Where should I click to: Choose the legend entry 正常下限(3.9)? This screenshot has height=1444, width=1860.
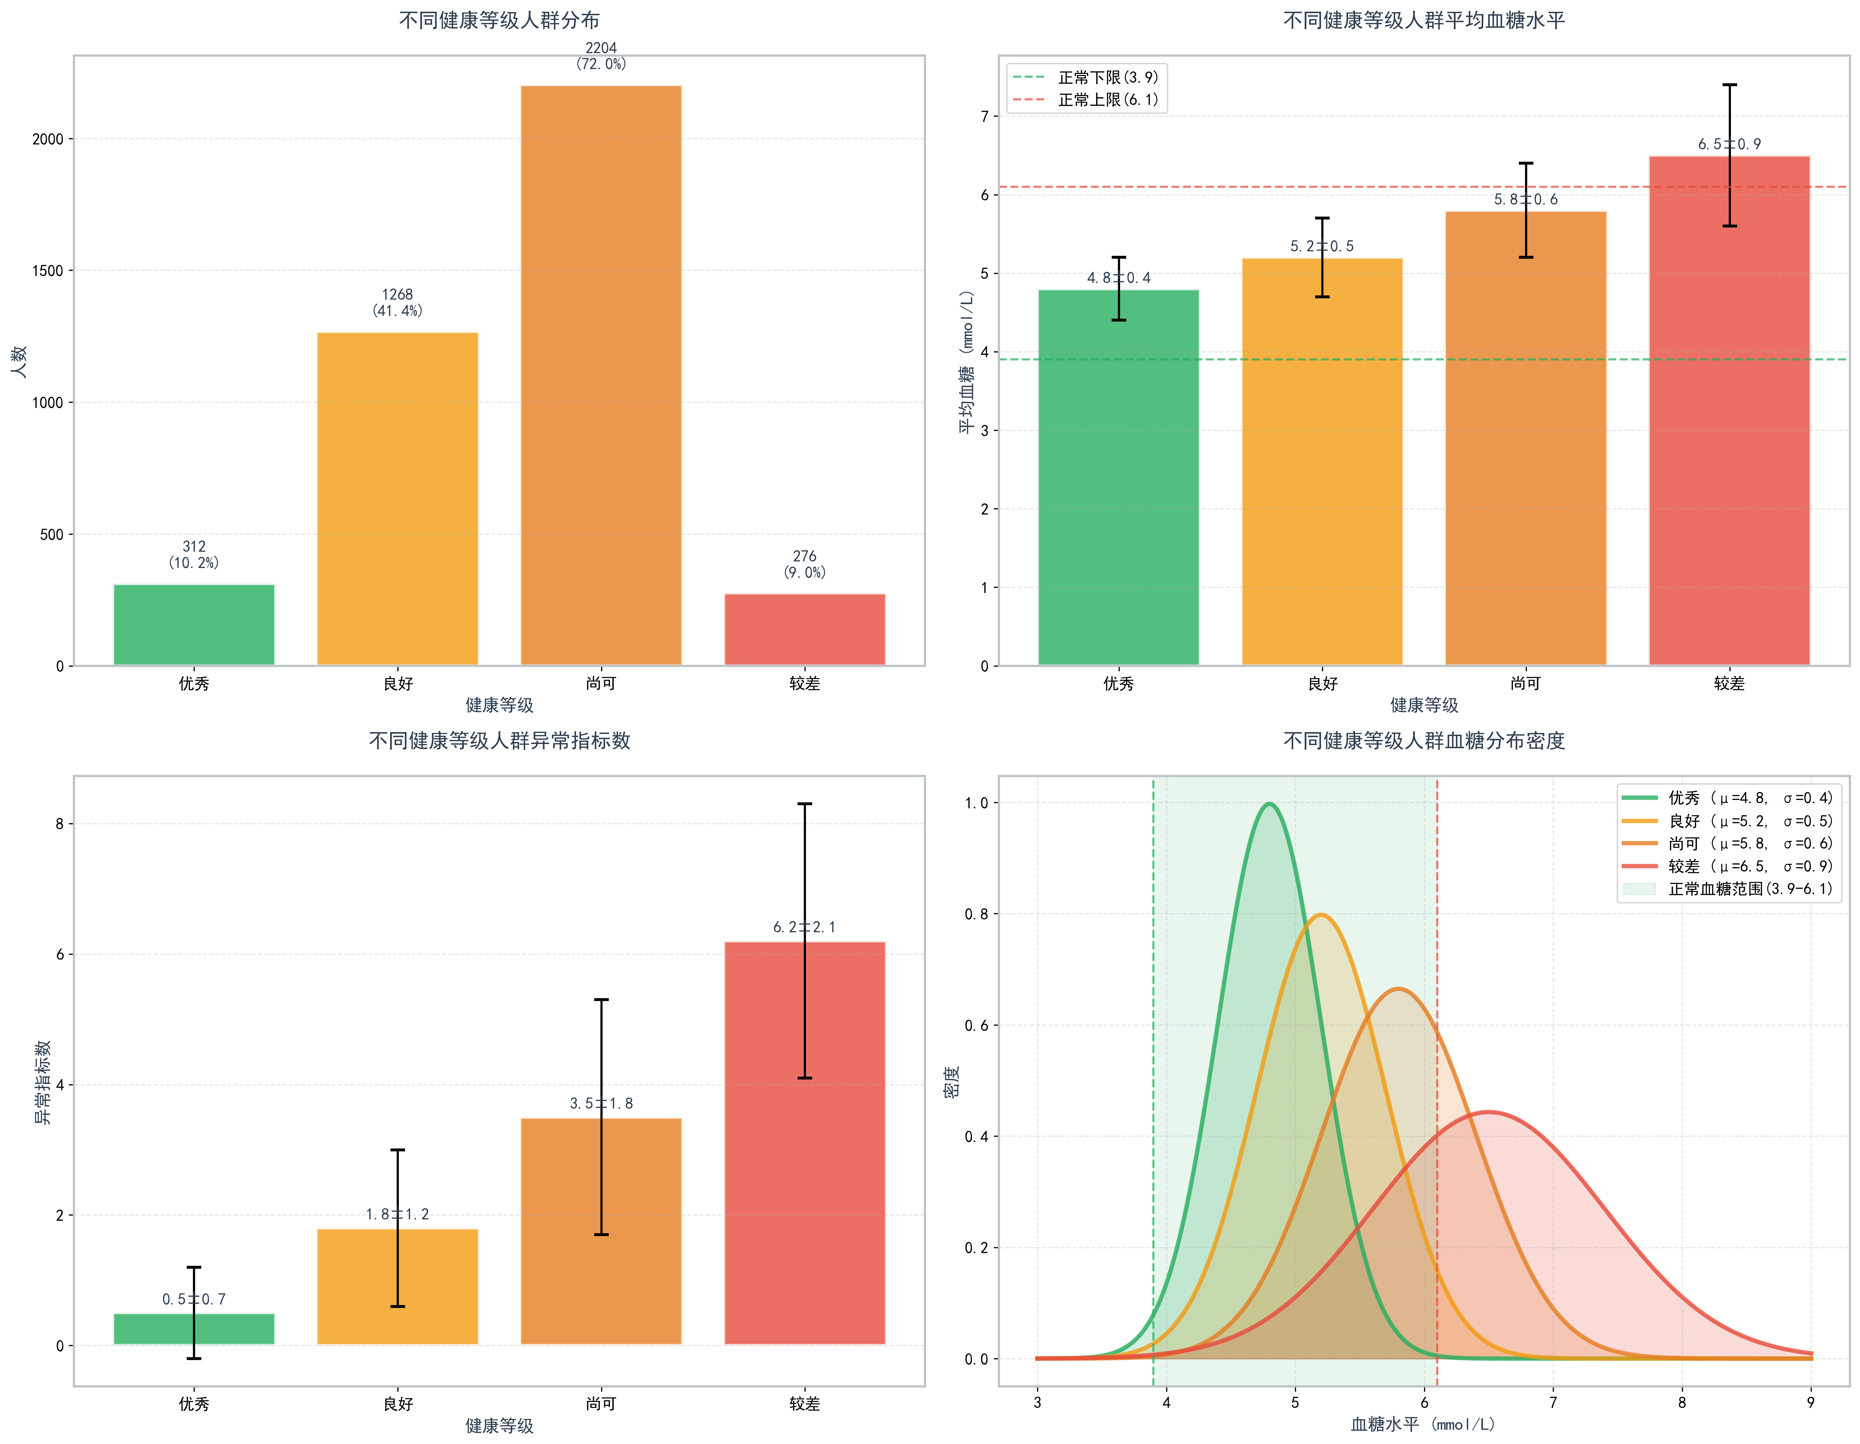(x=1107, y=77)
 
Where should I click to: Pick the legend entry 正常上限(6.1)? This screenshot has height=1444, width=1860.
(x=1107, y=100)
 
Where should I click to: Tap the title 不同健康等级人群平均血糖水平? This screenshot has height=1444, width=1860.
(x=1424, y=20)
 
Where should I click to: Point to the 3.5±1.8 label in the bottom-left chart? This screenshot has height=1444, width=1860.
(x=601, y=1103)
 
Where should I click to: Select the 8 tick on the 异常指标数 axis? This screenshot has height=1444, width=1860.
(x=60, y=824)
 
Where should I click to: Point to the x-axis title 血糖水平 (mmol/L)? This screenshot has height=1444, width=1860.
(x=1424, y=1425)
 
